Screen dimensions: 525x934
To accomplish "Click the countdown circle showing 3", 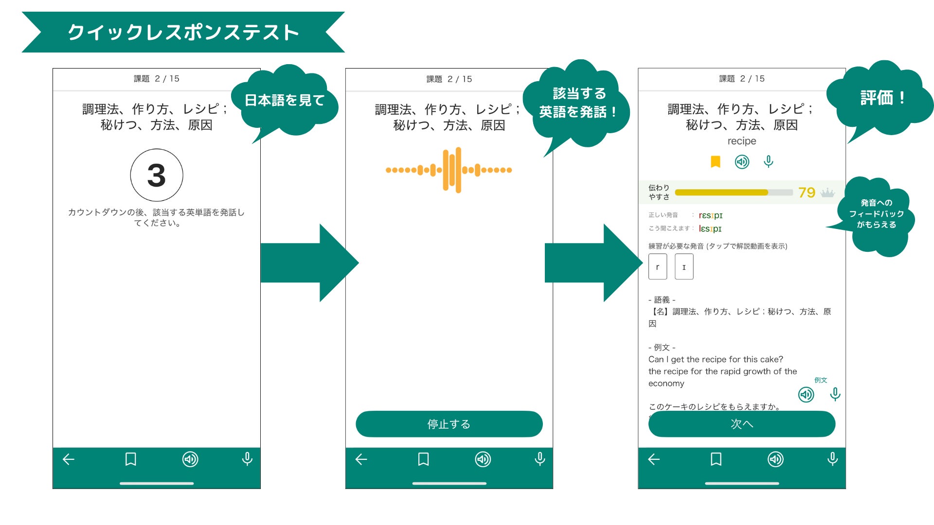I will pos(157,175).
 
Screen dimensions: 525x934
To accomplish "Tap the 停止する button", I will pos(449,424).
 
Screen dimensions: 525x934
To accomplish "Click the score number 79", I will pos(807,192).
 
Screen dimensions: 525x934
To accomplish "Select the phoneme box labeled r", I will pos(658,267).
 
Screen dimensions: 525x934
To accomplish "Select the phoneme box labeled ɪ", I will pos(684,267).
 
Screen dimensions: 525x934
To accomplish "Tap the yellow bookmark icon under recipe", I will pos(715,161).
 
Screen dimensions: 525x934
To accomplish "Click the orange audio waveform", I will pos(449,170).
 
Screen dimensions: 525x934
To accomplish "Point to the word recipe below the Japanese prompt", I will pos(742,141).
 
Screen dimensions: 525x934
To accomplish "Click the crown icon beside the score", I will pos(827,193).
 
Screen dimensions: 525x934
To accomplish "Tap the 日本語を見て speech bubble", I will pos(285,101).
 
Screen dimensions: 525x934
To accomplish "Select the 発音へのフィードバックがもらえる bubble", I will pos(877,214).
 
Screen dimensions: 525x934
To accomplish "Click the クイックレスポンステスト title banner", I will pos(183,32).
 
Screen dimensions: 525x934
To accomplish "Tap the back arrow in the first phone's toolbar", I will pos(69,459).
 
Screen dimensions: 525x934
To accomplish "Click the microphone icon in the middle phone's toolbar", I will pos(539,459).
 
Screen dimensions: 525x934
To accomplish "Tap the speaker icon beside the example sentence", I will pos(806,394).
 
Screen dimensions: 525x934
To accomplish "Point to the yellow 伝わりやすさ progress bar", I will pos(721,192).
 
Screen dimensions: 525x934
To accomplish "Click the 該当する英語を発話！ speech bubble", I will pos(578,103).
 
